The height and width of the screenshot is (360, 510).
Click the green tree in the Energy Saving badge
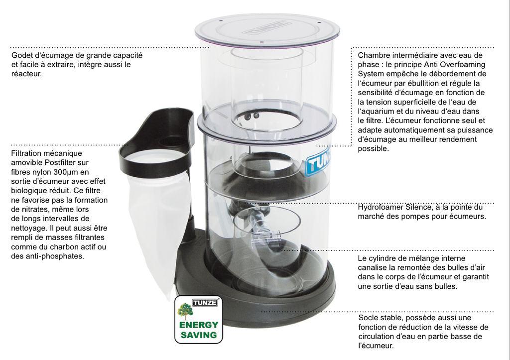[185, 311]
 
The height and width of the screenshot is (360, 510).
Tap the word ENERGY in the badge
[199, 325]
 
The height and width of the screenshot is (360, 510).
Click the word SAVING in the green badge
[199, 335]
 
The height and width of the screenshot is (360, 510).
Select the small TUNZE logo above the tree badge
[205, 303]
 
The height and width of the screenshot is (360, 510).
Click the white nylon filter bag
[157, 221]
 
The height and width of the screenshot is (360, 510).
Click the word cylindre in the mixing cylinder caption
[383, 258]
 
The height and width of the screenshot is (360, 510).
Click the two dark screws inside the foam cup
[252, 116]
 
